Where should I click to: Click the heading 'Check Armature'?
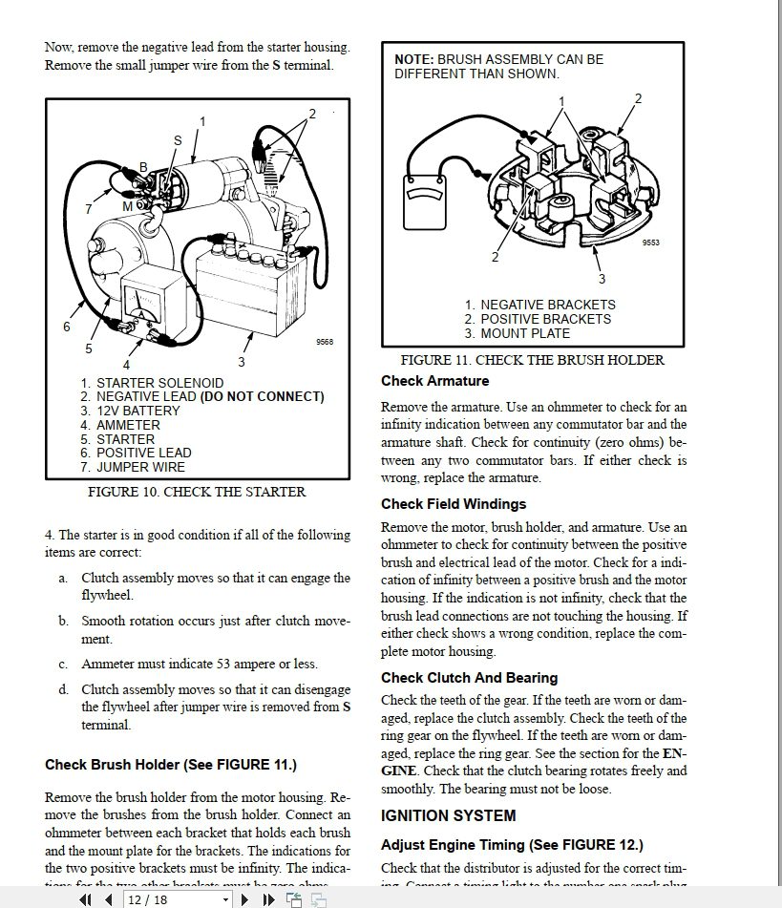click(x=434, y=381)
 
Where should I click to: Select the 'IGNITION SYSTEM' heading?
click(x=448, y=815)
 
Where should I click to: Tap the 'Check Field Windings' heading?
click(x=454, y=504)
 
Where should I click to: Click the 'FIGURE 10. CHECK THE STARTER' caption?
click(x=197, y=493)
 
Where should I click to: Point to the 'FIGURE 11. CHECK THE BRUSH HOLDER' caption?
click(x=532, y=360)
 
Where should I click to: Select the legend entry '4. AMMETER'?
click(x=120, y=425)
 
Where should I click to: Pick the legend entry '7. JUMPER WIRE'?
click(x=133, y=467)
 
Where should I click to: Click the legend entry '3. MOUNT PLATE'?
click(x=518, y=333)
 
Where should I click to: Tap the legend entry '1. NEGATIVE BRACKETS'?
click(x=539, y=305)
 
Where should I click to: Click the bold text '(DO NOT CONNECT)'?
click(x=262, y=396)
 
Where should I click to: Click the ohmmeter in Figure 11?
click(x=424, y=201)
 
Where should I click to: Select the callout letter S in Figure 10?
click(x=177, y=140)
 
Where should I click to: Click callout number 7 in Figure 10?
click(x=88, y=209)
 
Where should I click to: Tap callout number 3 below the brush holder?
click(x=602, y=279)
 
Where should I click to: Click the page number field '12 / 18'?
click(x=147, y=899)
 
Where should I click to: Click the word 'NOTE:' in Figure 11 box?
click(x=414, y=59)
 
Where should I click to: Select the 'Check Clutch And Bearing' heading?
click(x=469, y=678)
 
